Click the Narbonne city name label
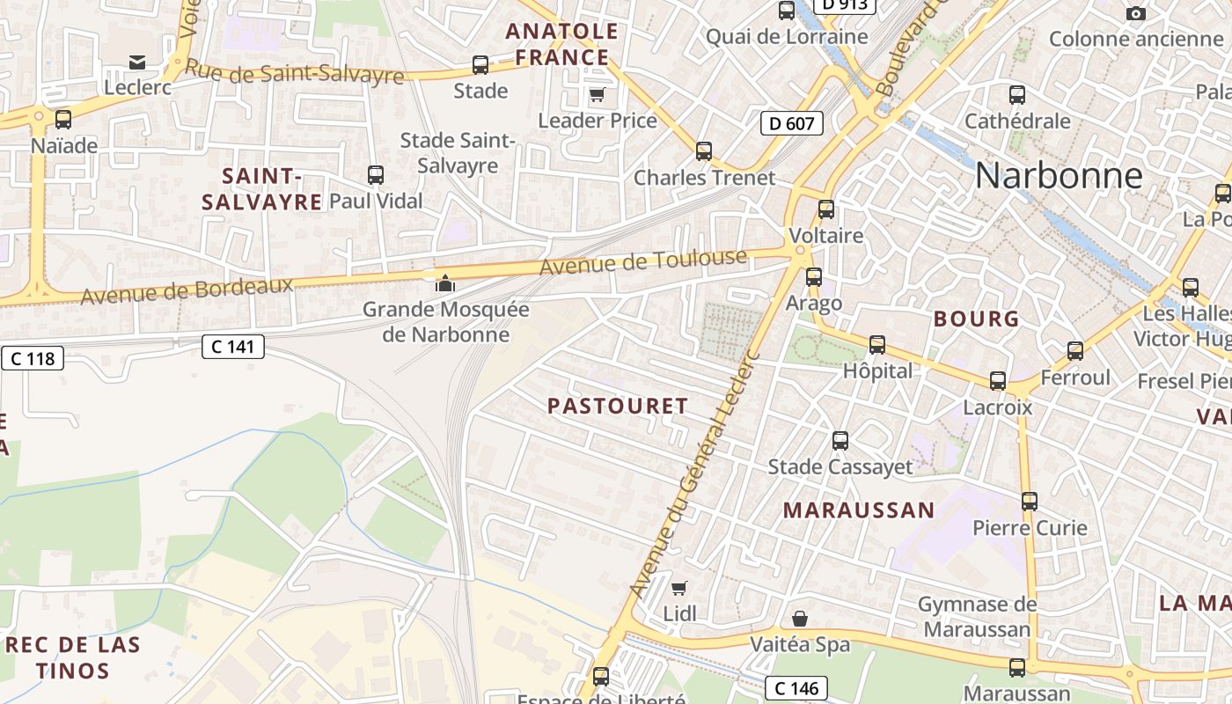1059,176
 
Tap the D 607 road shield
791,123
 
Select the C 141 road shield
233,347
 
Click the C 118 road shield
33,358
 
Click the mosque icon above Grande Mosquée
445,283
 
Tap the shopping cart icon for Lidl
678,587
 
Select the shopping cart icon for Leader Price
598,94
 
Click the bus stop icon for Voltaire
825,209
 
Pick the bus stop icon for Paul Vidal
376,174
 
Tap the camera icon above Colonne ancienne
1136,13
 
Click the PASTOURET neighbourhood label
618,406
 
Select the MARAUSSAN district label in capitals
859,510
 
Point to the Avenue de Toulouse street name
643,261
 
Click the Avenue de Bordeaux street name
187,291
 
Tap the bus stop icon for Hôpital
877,345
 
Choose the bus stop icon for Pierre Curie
1030,502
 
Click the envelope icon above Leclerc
137,62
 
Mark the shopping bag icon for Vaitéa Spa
800,619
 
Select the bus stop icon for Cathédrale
1017,94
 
